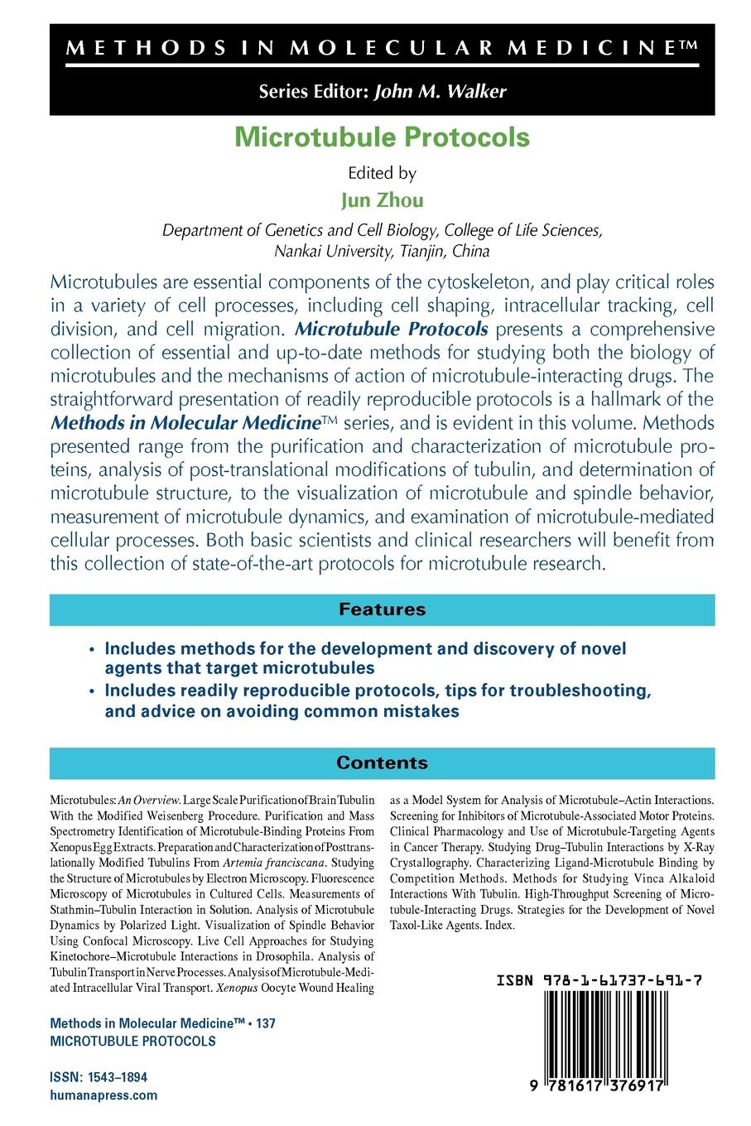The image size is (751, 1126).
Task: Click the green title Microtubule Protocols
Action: [382, 137]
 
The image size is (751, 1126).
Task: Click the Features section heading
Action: [382, 609]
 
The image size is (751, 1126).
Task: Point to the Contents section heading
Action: [382, 763]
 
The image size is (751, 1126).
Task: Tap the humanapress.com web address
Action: [104, 1095]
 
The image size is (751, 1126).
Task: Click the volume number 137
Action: [266, 1023]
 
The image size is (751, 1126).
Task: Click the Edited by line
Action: [382, 174]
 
